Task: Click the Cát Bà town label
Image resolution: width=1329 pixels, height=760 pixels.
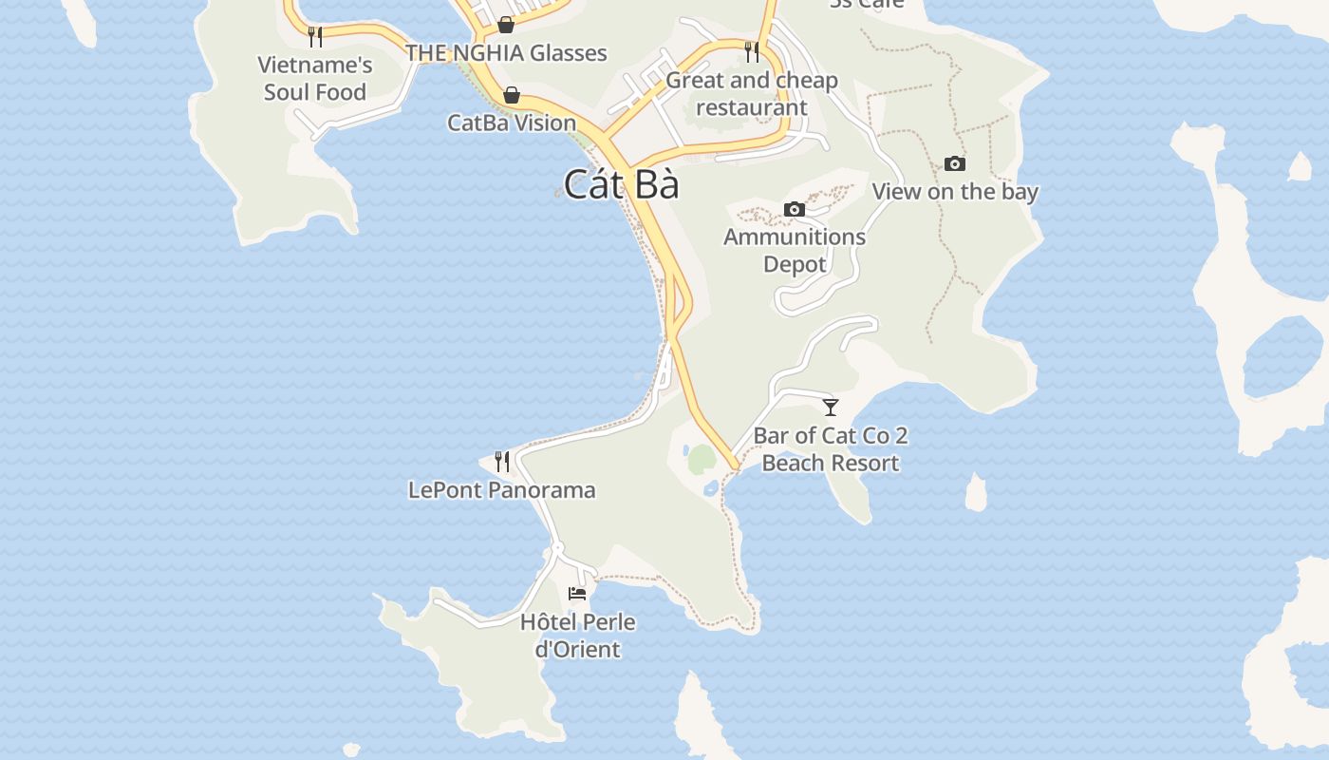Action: coord(621,184)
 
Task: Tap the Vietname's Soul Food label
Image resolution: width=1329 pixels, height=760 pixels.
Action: coord(315,79)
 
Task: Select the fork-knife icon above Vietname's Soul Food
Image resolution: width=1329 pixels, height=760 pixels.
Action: coord(315,37)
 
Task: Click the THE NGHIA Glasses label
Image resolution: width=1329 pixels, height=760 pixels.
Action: coord(506,53)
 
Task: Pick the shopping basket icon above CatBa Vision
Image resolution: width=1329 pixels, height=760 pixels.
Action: coord(512,95)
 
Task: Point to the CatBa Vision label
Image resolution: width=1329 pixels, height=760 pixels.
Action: coord(512,123)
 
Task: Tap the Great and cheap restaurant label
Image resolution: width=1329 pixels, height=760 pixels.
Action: coord(752,94)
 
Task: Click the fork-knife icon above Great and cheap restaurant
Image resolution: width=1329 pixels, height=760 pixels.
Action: coord(752,51)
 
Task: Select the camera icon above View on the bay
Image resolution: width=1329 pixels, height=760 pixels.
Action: coord(955,164)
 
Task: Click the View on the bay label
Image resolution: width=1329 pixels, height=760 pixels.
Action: coord(955,192)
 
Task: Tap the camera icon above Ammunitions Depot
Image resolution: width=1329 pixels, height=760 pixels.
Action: coord(795,209)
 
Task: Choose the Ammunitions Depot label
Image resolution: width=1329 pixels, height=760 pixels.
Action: coord(795,250)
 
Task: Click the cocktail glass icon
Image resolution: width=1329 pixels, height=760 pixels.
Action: coord(831,408)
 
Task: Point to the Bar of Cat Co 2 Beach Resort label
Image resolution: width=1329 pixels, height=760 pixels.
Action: coord(831,449)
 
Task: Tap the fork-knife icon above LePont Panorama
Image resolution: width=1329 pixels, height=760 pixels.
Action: coord(502,462)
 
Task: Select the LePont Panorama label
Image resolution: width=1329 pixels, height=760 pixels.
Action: coord(502,490)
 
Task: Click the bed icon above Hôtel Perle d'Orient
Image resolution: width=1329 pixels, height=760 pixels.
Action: coord(577,594)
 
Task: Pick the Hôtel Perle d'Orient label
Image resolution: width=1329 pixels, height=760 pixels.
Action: coord(577,636)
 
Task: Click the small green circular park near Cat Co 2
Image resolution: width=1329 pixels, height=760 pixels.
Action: coord(701,460)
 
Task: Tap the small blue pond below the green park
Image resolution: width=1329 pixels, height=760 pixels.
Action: coord(711,489)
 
